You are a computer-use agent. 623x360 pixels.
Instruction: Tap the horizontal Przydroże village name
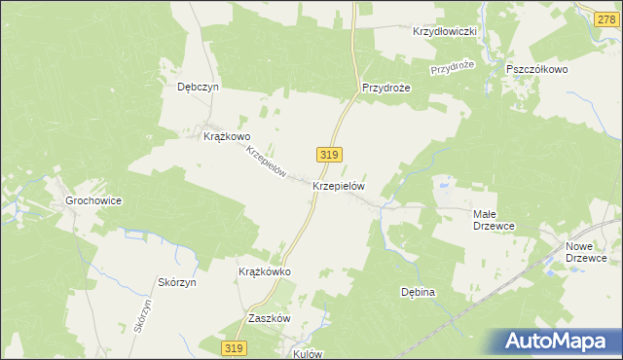387,87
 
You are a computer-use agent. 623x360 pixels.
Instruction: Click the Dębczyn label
199,87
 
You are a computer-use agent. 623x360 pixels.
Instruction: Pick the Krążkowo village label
227,137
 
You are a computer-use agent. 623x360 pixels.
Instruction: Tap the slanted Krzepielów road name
265,162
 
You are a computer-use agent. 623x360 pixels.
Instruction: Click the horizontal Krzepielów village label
338,184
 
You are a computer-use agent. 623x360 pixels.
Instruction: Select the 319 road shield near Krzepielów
328,154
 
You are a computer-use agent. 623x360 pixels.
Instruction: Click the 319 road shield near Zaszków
233,348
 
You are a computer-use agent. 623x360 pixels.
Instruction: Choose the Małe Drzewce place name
493,219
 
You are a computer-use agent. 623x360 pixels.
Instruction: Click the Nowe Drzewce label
587,252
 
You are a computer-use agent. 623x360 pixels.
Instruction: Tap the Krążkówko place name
265,272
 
